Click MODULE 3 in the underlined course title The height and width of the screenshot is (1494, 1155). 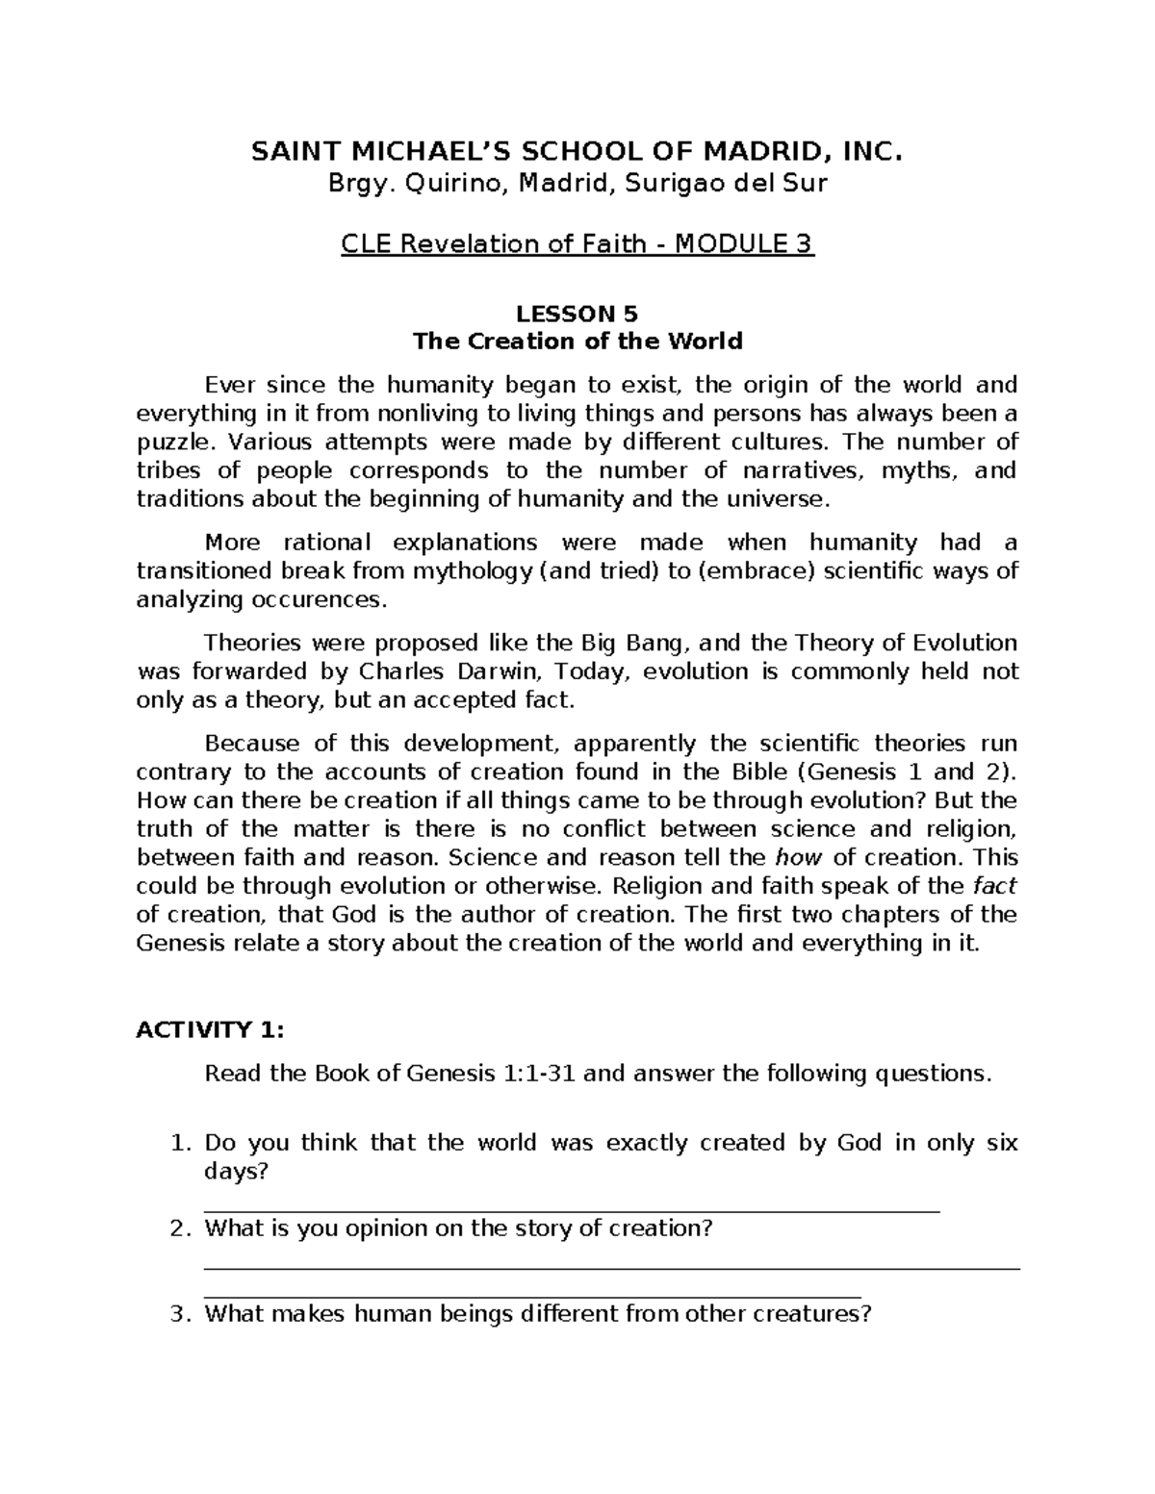(x=743, y=244)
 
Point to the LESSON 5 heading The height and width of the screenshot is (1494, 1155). (x=577, y=314)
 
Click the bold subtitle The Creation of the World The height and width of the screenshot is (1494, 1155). (x=577, y=342)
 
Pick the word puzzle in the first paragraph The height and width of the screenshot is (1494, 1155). (x=168, y=443)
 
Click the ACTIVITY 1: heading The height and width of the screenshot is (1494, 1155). (x=210, y=1030)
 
